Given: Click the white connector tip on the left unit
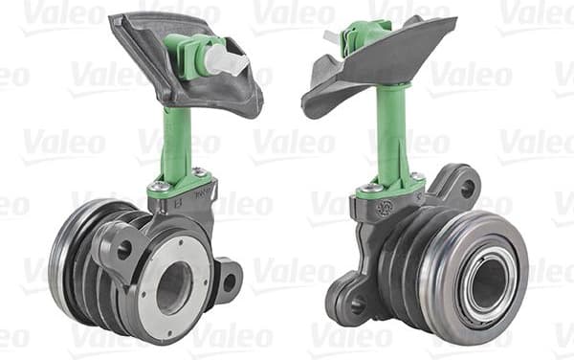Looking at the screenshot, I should [227, 60].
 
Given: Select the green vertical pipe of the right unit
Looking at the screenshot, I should [390, 134].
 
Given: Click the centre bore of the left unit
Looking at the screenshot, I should [173, 285].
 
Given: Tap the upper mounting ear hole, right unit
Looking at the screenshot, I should [466, 189].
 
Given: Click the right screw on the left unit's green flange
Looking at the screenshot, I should [201, 173].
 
